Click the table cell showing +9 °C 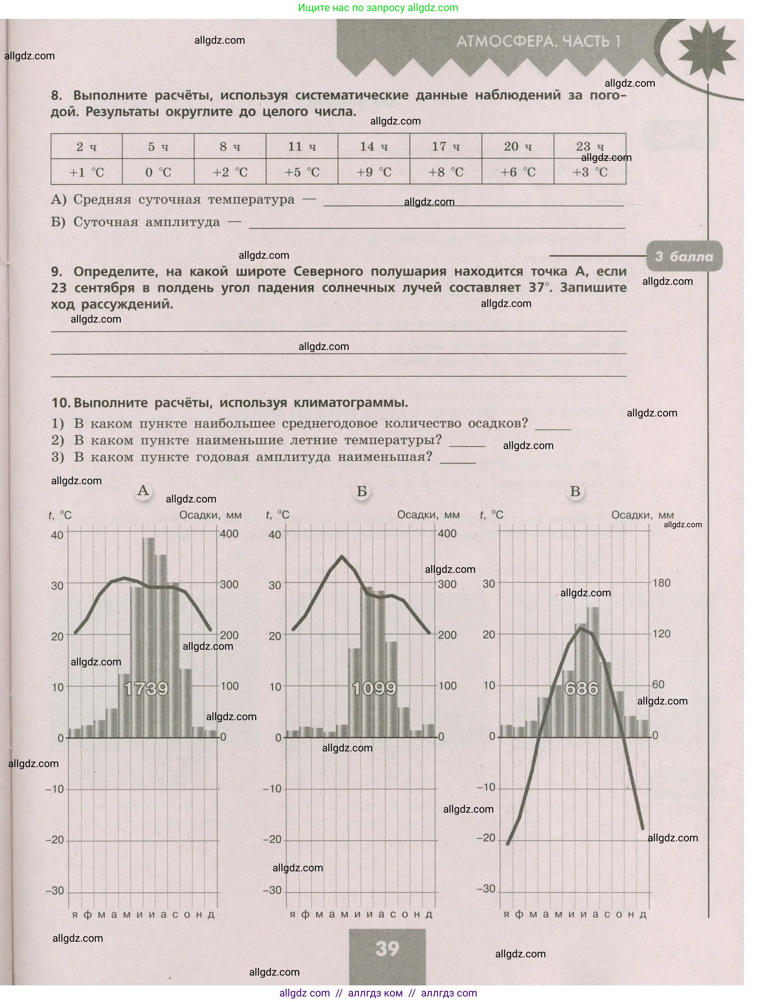point(373,172)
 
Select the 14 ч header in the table point(373,146)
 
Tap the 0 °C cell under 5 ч point(158,172)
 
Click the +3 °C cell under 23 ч point(589,172)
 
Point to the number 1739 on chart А point(146,689)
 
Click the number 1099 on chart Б point(374,689)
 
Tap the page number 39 point(387,948)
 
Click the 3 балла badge point(684,256)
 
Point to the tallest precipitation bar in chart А point(148,634)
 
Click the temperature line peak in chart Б point(342,556)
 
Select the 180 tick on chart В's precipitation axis point(661,583)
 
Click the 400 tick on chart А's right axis point(229,534)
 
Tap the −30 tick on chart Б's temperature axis point(273,890)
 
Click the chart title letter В point(575,491)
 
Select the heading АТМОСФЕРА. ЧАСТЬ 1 point(538,42)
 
